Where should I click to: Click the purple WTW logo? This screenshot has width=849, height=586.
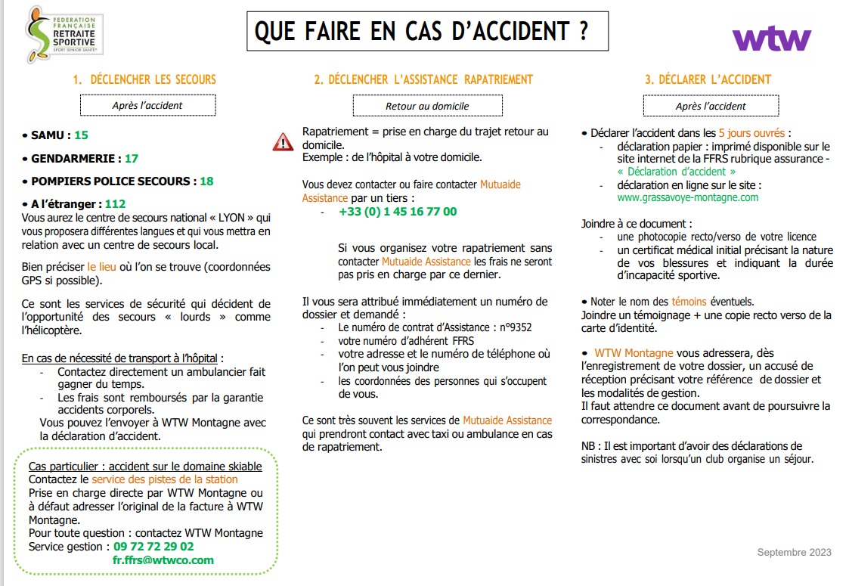pyautogui.click(x=771, y=38)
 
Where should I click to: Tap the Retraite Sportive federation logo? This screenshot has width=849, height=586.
pyautogui.click(x=65, y=35)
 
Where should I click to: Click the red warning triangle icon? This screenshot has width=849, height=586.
pyautogui.click(x=283, y=141)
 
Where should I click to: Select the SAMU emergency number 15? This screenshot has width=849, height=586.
pyautogui.click(x=81, y=135)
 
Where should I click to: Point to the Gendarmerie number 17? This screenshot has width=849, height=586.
pyautogui.click(x=132, y=159)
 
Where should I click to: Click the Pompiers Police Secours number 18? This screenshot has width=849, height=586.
pyautogui.click(x=206, y=181)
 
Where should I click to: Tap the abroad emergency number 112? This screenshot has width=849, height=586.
pyautogui.click(x=115, y=204)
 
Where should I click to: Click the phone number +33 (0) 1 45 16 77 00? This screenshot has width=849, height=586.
pyautogui.click(x=398, y=212)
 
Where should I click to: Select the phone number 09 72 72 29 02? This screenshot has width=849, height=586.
pyautogui.click(x=153, y=547)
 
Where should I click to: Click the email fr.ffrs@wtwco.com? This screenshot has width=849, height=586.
pyautogui.click(x=163, y=560)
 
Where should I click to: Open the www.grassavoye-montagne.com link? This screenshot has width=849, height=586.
pyautogui.click(x=687, y=197)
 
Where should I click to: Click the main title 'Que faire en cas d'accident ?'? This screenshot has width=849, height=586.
pyautogui.click(x=421, y=32)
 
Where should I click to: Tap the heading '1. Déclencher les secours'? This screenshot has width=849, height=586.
pyautogui.click(x=144, y=79)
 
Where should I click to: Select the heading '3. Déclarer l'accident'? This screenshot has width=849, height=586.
pyautogui.click(x=708, y=79)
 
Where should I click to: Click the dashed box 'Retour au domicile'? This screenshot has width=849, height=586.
pyautogui.click(x=427, y=106)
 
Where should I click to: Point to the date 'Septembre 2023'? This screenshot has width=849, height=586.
pyautogui.click(x=794, y=553)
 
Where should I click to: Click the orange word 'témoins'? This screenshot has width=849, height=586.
pyautogui.click(x=688, y=302)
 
